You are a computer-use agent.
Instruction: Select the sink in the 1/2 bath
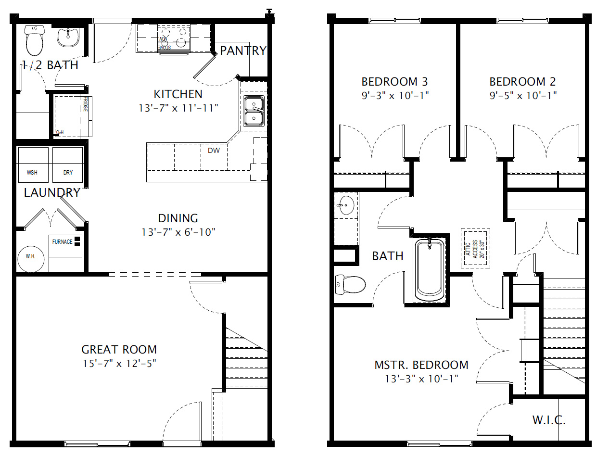click(x=68, y=37)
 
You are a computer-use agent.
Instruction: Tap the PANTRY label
click(x=243, y=51)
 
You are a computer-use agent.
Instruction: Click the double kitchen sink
click(x=253, y=111)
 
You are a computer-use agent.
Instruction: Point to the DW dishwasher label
click(x=214, y=151)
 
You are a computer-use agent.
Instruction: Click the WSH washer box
click(x=33, y=165)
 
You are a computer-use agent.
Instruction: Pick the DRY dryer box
click(x=68, y=165)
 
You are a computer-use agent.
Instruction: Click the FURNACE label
click(x=63, y=242)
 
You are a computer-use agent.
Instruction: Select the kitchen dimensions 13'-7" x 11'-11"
click(x=178, y=108)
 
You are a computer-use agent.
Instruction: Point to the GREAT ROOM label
click(x=119, y=350)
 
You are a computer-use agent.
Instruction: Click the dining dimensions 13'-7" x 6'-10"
click(x=178, y=232)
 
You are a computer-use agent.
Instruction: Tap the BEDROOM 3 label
click(x=394, y=82)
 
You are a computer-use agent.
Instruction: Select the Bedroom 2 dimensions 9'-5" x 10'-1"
click(x=523, y=96)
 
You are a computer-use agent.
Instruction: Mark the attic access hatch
click(x=475, y=248)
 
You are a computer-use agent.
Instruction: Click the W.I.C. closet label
click(x=549, y=420)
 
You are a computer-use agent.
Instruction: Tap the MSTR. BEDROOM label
click(x=421, y=365)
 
